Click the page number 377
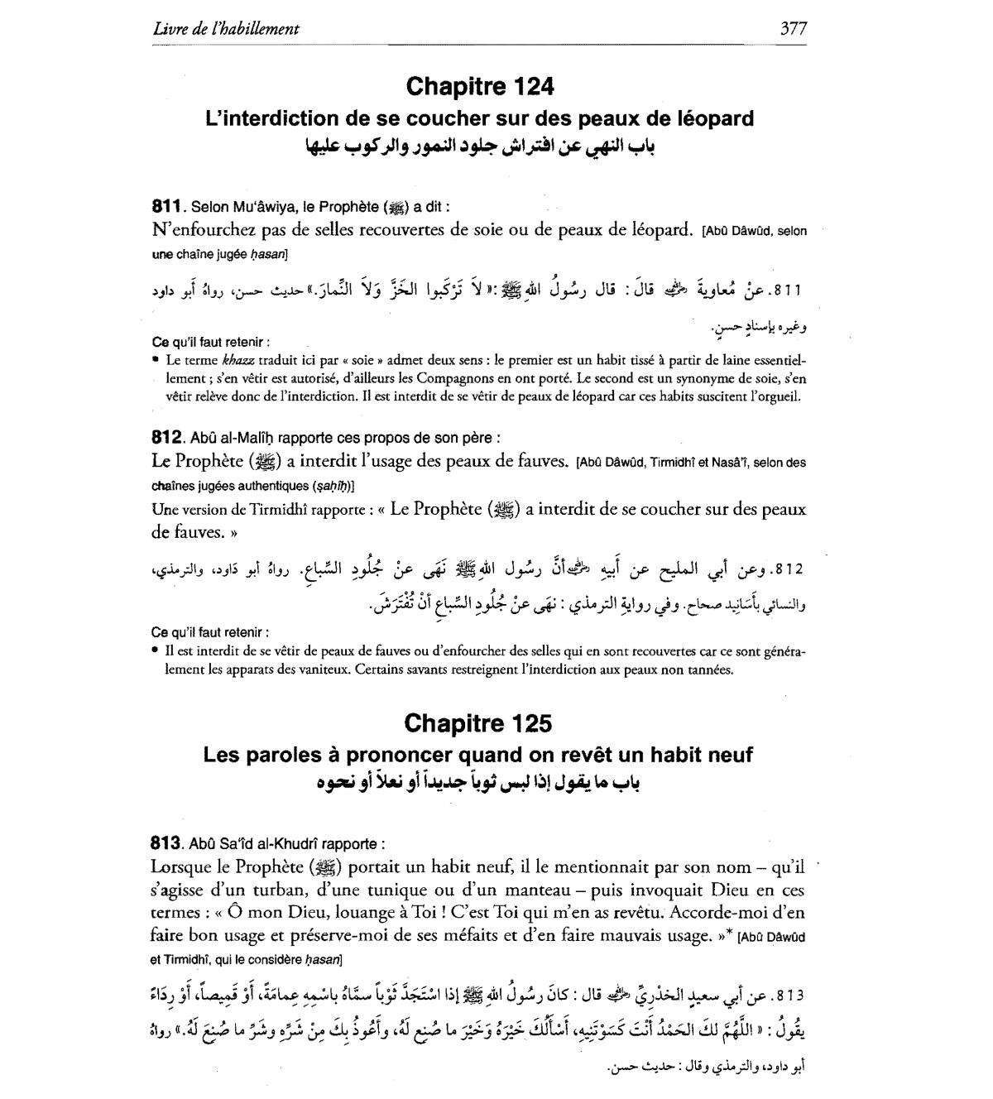[x=793, y=28]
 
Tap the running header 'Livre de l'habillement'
[x=226, y=28]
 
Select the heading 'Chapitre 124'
[x=480, y=86]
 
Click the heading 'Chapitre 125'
[x=478, y=723]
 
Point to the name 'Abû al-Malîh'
[x=227, y=439]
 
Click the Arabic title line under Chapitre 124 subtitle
[x=479, y=149]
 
